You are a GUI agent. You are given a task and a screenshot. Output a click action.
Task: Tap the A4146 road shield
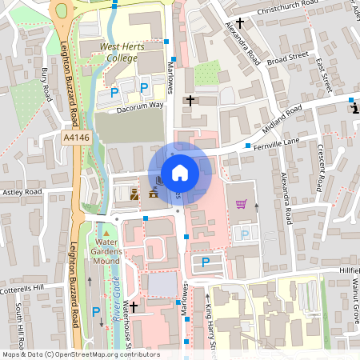pos(76,138)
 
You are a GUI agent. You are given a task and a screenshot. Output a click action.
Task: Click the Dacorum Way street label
pos(139,106)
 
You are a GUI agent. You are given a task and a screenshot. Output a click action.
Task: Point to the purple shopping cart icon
pos(241,203)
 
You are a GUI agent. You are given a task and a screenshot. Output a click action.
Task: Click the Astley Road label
pos(22,193)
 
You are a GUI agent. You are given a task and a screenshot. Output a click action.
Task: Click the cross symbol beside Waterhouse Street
pos(134,306)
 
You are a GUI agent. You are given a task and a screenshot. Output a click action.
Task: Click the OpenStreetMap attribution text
pos(80,354)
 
